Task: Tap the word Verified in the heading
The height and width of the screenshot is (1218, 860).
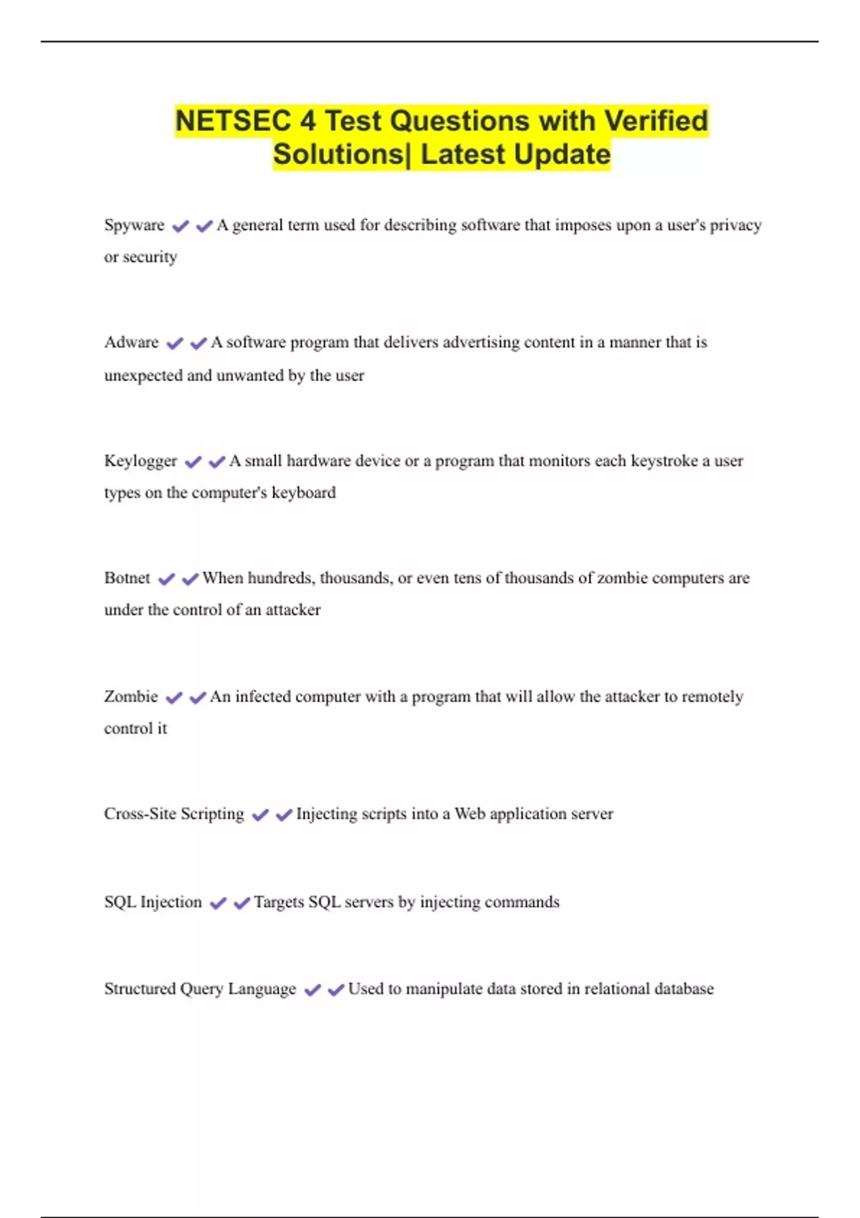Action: tap(656, 121)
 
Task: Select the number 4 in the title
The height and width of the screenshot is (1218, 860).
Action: tap(307, 121)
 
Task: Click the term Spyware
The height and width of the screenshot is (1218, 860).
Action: tap(134, 225)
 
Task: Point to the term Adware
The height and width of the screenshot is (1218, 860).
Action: tap(131, 342)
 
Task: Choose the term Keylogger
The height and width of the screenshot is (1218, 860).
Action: tap(140, 461)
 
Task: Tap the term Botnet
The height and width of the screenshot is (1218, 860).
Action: tap(127, 578)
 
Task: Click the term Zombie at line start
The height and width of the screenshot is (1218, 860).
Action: tap(130, 696)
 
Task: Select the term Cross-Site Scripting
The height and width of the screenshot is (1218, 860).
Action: tap(174, 814)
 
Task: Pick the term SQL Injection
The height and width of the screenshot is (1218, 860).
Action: tap(153, 902)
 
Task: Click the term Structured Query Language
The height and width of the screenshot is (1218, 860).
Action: tap(200, 989)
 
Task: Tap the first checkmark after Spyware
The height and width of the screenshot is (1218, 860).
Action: tap(181, 226)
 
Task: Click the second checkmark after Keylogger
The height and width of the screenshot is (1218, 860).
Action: tap(217, 462)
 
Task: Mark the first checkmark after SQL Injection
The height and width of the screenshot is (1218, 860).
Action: tap(218, 903)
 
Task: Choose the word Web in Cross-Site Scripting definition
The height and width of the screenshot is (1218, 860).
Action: tap(469, 814)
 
